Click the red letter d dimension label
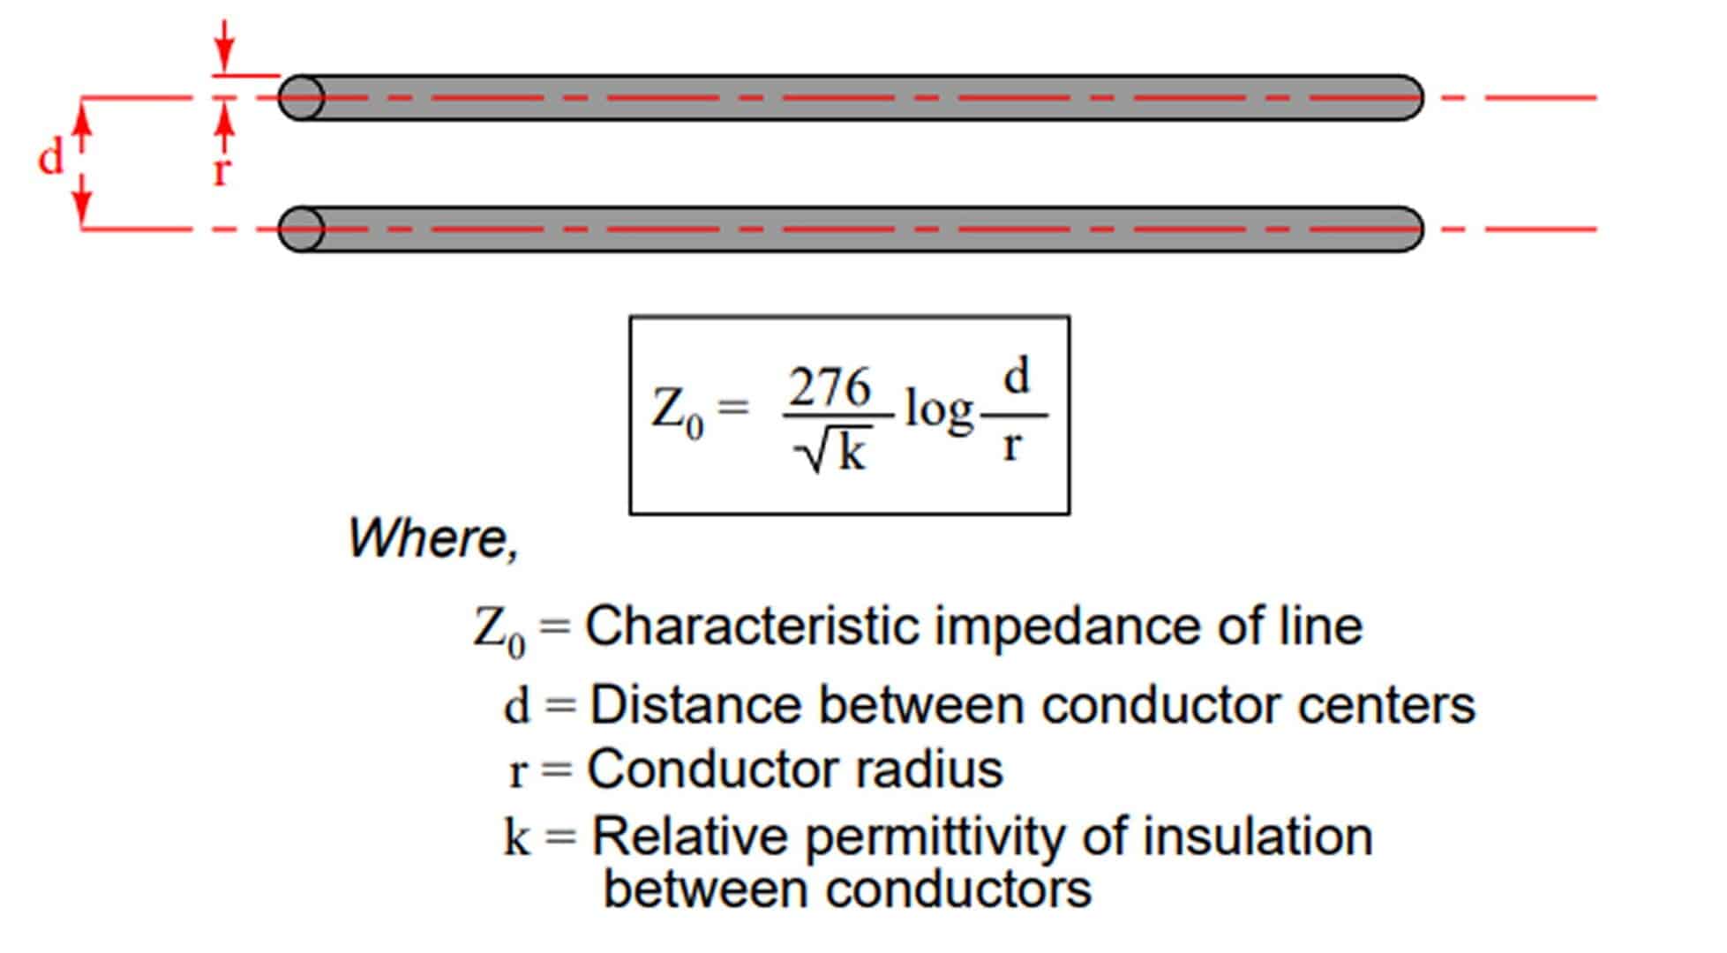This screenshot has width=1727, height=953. [51, 158]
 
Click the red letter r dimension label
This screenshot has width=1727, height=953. [221, 169]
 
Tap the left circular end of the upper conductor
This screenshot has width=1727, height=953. [302, 97]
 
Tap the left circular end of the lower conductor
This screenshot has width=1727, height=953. [302, 229]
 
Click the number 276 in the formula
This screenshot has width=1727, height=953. [830, 387]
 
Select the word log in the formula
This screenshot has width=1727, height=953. [939, 412]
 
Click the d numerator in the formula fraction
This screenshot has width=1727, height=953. [1017, 378]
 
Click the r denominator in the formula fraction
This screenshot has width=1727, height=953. [1012, 446]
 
